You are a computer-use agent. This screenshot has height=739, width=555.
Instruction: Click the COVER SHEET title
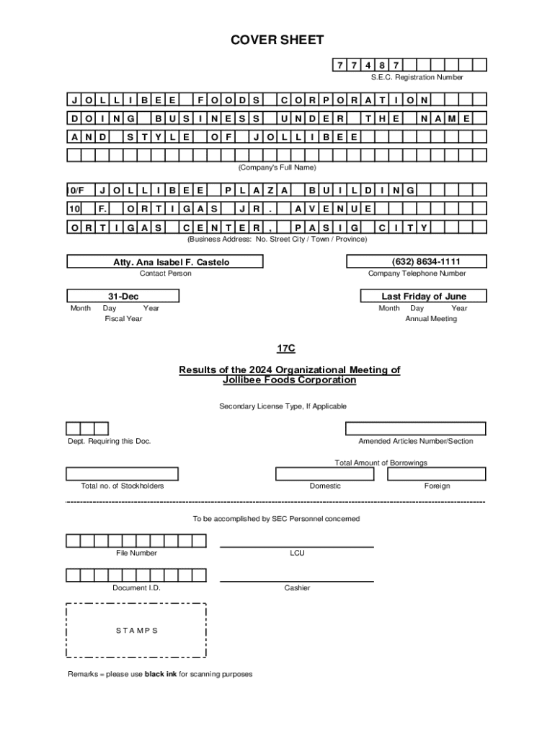277,40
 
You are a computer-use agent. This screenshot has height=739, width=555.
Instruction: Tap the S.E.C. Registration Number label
417,77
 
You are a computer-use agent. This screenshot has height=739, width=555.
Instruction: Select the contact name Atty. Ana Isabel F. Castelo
172,262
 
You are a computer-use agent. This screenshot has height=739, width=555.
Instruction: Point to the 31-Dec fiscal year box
123,297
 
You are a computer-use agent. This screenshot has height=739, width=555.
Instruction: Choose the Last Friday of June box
424,297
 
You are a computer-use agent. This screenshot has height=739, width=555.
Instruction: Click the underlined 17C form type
286,349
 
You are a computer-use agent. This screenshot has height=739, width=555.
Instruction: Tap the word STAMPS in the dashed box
136,630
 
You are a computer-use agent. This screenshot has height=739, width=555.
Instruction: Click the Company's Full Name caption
277,167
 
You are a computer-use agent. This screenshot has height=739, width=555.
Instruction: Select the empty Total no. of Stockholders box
123,473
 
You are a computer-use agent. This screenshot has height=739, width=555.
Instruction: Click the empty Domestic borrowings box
325,473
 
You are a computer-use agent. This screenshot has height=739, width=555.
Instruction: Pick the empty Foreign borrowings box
437,473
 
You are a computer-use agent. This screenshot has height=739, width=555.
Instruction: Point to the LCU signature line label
297,554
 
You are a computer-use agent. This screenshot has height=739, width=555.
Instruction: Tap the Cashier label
297,588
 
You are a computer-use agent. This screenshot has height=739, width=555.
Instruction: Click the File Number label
136,554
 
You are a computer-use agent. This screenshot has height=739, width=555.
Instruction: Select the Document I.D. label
136,588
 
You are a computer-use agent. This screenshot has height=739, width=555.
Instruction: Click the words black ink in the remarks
161,674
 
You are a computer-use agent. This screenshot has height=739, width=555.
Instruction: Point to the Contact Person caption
166,274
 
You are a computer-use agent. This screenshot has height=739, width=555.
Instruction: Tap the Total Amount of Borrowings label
381,463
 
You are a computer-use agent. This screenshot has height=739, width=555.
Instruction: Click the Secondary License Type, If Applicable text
283,406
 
